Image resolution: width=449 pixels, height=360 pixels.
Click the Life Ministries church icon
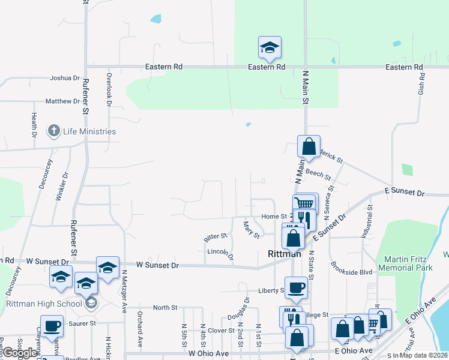53,131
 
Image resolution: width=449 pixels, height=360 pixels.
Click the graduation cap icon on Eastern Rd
270,49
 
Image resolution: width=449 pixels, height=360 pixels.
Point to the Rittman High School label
44,304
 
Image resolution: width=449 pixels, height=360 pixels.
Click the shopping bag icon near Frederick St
309,146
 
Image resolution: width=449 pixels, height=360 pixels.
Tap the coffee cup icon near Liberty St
295,287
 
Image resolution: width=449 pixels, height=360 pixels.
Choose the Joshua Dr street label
65,78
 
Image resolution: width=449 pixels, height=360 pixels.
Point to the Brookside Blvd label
351,272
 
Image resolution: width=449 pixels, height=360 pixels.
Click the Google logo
19,353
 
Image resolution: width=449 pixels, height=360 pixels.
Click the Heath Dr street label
35,124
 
